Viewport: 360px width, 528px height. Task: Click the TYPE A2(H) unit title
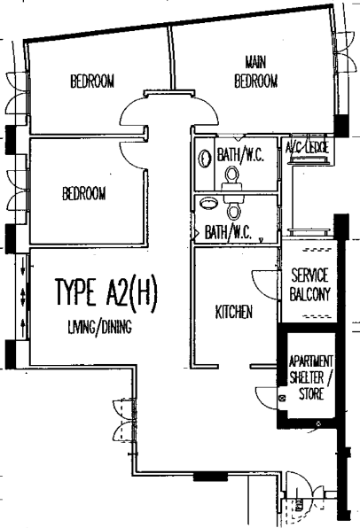point(106,292)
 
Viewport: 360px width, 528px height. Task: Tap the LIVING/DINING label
point(100,327)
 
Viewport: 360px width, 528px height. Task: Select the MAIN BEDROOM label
point(256,72)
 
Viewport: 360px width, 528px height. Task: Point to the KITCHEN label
point(234,312)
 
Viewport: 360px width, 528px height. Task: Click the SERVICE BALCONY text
point(310,284)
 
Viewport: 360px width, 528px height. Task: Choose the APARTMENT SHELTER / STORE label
point(311,377)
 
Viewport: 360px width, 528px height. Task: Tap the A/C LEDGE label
point(307,147)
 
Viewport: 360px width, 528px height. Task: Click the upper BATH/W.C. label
point(240,155)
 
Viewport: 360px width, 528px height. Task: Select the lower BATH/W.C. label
point(228,232)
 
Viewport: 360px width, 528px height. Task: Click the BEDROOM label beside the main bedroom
point(92,82)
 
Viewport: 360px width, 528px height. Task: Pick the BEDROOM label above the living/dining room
point(84,194)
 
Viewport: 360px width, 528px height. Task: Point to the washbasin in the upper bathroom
point(204,159)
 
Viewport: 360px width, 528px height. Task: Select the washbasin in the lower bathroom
point(207,203)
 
